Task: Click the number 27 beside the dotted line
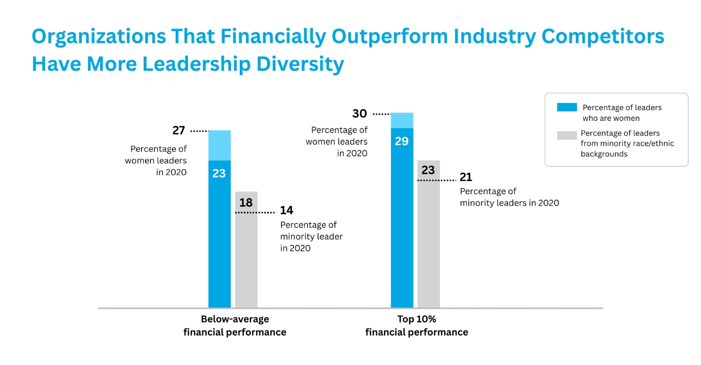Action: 178,130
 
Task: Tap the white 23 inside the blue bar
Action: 219,174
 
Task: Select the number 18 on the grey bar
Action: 246,203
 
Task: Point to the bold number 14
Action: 286,210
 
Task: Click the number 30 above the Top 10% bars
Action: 360,114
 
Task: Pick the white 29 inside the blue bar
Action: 402,141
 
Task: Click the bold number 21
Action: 466,178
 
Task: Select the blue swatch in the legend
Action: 567,107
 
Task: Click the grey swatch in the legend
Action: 567,135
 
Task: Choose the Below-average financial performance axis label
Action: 235,326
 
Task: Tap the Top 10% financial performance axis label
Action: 417,326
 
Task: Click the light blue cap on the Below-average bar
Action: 219,145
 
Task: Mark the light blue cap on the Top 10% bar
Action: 402,120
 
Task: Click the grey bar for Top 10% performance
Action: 429,244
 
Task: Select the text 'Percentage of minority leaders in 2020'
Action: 509,197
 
